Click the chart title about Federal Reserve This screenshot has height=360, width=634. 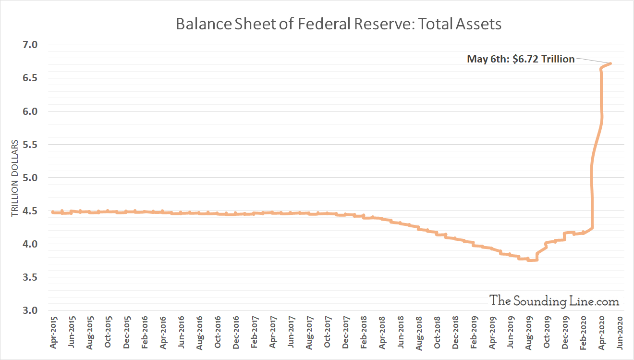pyautogui.click(x=339, y=24)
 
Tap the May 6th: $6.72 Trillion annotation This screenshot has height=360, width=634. pyautogui.click(x=521, y=59)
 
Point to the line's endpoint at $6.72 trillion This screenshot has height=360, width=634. pyautogui.click(x=610, y=63)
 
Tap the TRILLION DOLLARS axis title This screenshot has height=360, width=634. pyautogui.click(x=15, y=178)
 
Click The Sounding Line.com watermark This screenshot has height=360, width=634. pyautogui.click(x=554, y=300)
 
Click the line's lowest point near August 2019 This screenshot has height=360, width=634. pyautogui.click(x=532, y=260)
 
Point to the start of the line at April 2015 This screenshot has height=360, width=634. pyautogui.click(x=52, y=212)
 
